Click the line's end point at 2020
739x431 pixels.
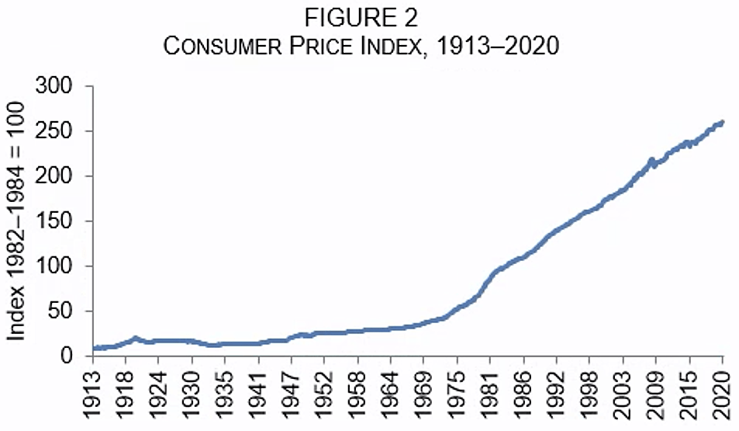click(x=722, y=122)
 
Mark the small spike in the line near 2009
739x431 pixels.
click(x=651, y=160)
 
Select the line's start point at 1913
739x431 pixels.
click(x=94, y=348)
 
